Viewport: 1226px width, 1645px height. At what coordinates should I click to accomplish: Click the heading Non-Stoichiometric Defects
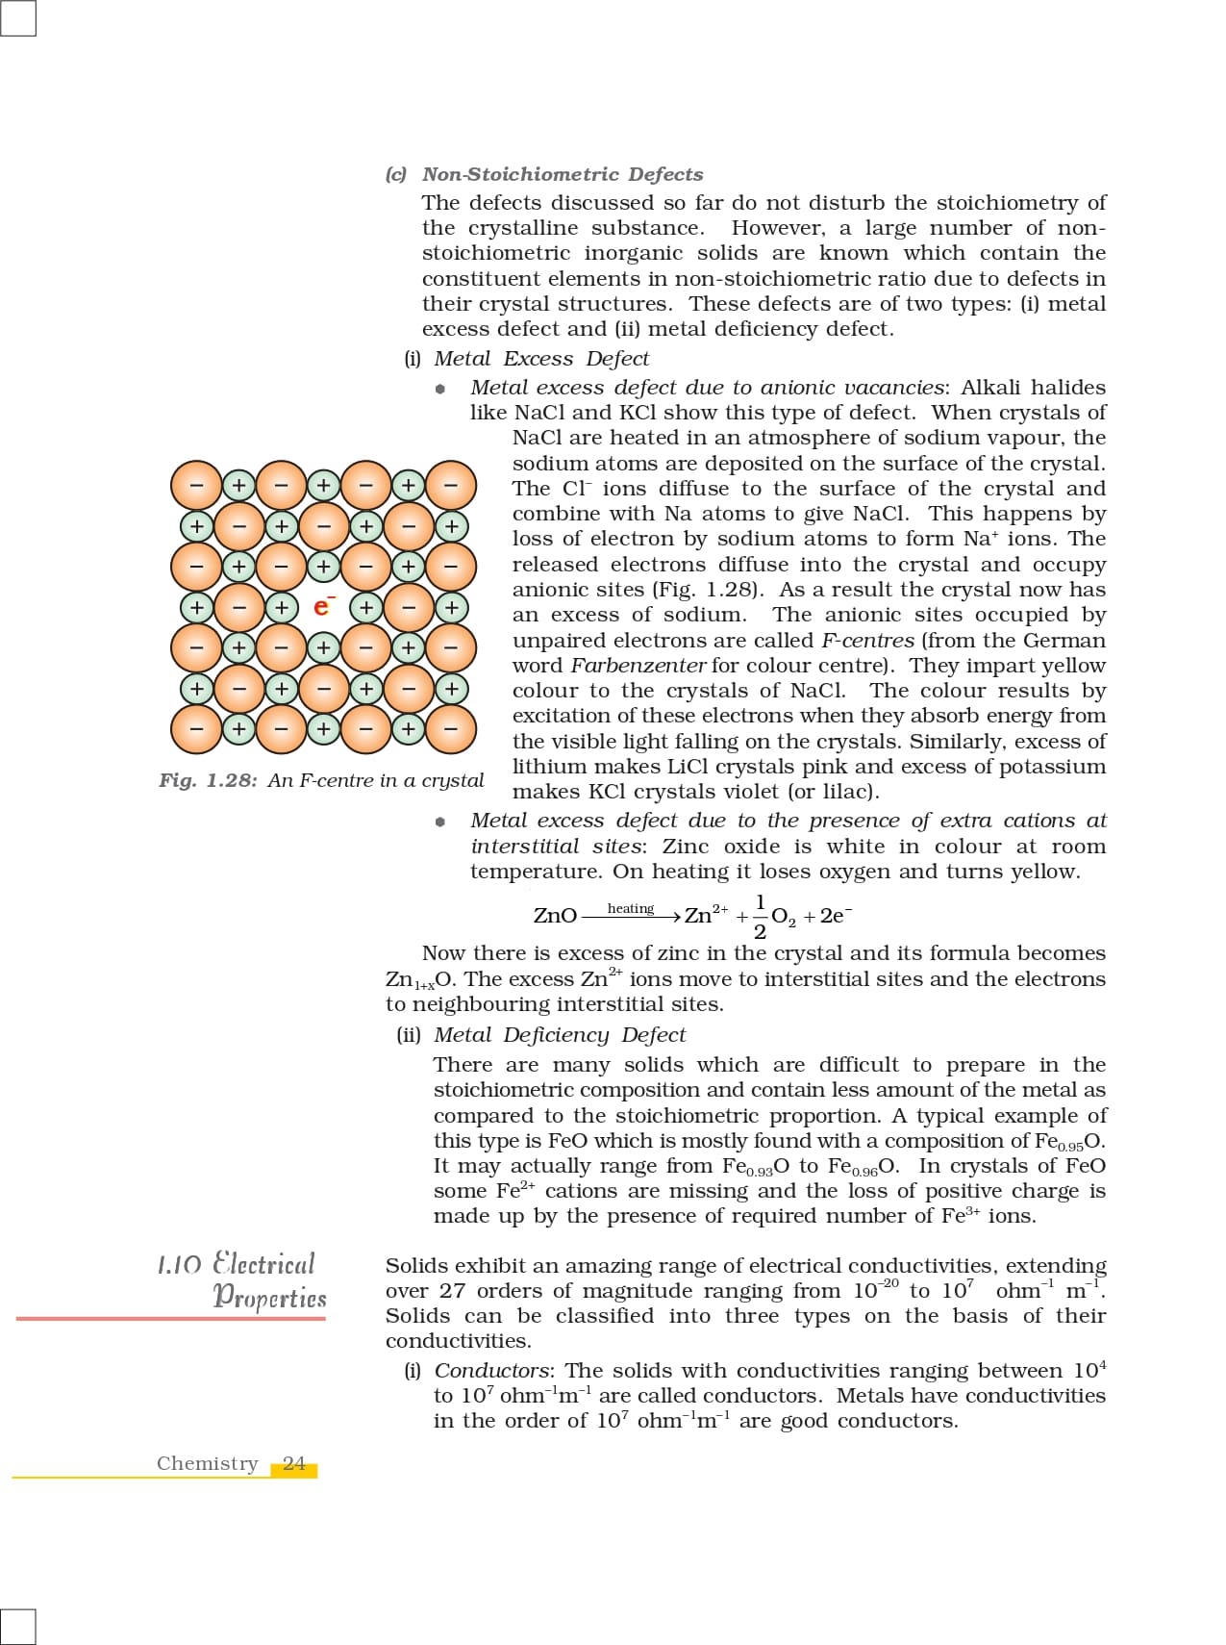pos(563,174)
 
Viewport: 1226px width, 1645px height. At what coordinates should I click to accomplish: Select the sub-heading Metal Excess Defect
pos(541,359)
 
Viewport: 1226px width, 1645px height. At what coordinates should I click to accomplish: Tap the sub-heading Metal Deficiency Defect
pos(560,1035)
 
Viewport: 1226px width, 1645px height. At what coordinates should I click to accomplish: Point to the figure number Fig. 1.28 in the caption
pos(208,780)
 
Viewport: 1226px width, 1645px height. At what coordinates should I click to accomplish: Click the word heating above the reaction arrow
pos(631,908)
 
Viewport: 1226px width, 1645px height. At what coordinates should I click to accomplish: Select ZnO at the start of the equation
pos(555,916)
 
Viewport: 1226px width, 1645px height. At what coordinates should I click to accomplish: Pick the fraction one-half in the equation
pos(760,917)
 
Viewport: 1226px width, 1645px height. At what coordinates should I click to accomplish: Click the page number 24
pos(294,1464)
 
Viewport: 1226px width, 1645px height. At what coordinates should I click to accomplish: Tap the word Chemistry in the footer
pos(208,1464)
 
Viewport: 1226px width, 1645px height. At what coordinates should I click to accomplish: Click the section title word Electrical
pos(263,1263)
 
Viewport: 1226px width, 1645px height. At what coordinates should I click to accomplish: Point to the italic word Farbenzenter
pos(638,666)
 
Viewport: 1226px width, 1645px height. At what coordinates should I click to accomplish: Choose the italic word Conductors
pos(492,1371)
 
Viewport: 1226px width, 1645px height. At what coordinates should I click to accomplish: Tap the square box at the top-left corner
pos(18,18)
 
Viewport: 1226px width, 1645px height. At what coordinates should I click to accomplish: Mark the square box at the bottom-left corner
pos(18,1626)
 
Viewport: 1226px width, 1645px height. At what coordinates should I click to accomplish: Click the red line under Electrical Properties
pos(171,1318)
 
